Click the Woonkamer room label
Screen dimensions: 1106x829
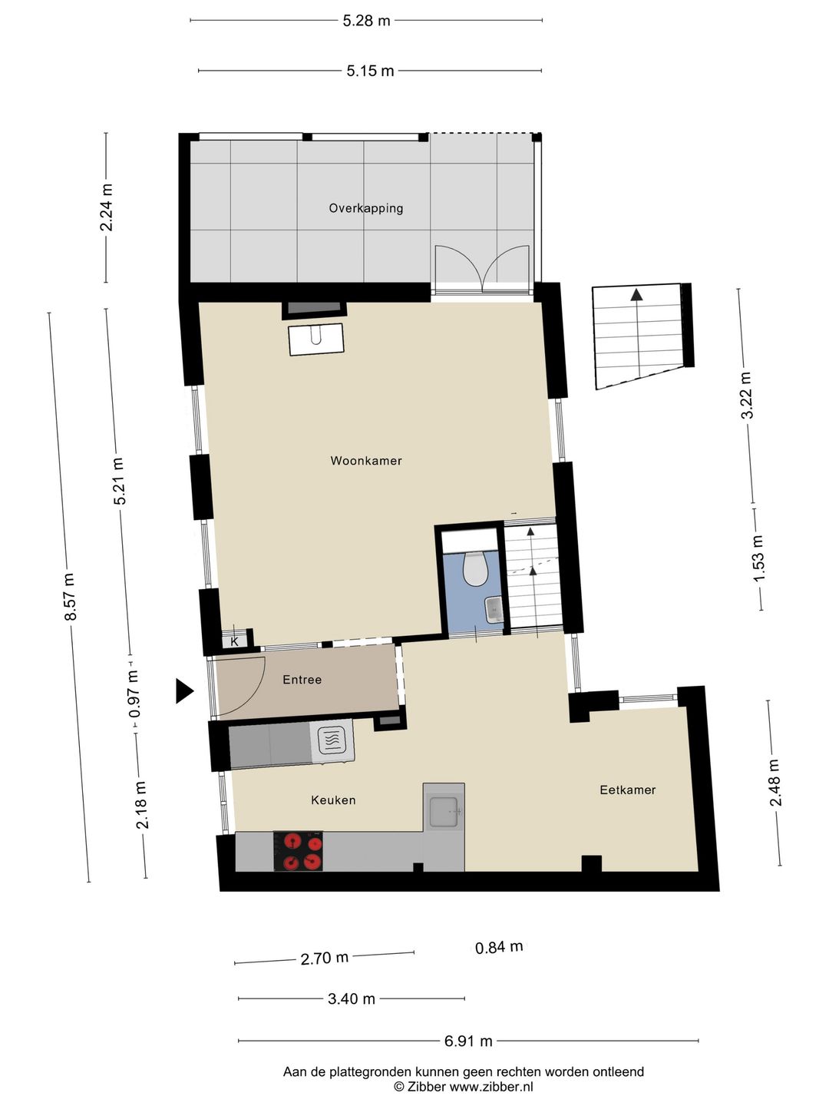(366, 461)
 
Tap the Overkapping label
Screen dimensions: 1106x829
(366, 208)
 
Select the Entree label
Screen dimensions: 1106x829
(302, 680)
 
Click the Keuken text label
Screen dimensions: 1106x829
(333, 800)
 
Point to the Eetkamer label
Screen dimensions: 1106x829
(627, 790)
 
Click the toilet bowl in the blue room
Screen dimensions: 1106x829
(476, 569)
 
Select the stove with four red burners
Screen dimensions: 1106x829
(299, 852)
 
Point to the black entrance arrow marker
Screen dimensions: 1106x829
(184, 691)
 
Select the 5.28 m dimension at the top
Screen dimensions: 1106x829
(366, 21)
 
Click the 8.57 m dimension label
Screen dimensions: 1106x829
(70, 597)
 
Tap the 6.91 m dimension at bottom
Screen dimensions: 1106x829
(468, 1041)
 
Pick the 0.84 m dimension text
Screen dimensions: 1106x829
(499, 947)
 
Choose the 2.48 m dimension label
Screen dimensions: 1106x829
(775, 783)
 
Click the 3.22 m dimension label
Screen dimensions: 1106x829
(746, 395)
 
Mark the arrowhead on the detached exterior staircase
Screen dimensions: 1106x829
(636, 294)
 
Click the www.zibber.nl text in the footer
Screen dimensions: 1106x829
(490, 1087)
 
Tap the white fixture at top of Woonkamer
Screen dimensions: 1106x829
(315, 339)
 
